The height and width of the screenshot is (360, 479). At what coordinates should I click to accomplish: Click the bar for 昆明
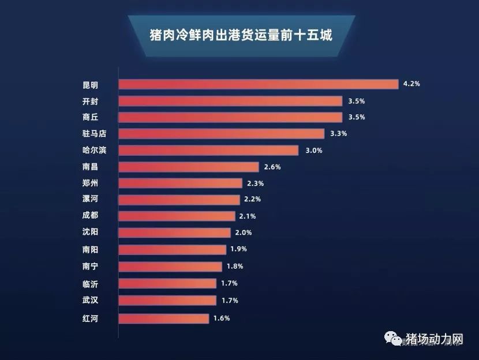258,84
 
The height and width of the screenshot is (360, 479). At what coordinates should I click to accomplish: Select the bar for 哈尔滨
208,151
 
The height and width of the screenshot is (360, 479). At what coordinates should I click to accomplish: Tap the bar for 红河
163,318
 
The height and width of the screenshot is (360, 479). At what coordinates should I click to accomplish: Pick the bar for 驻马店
221,134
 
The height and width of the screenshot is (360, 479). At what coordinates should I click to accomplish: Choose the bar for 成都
177,216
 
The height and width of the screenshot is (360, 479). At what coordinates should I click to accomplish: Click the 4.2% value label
411,84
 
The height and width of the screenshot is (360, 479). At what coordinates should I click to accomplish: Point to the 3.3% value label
338,134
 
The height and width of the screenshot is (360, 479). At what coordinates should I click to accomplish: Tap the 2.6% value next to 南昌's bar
272,167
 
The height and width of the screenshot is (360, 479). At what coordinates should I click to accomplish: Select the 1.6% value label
222,318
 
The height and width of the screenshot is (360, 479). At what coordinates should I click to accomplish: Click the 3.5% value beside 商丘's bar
356,118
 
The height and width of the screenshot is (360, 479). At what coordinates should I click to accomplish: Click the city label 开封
90,102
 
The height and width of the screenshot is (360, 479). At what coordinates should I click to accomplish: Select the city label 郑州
90,183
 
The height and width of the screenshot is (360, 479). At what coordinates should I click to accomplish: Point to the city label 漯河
90,200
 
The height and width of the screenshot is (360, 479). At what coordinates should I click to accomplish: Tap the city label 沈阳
90,233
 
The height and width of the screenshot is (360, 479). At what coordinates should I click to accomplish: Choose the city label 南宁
90,267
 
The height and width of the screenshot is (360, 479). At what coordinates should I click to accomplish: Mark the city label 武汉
90,300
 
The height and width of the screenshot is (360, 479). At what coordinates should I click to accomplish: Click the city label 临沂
90,283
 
